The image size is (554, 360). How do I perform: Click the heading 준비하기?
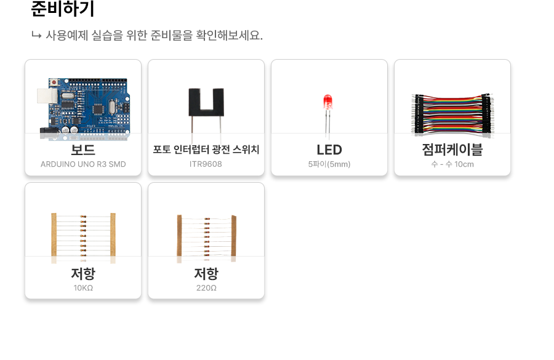tap(63, 10)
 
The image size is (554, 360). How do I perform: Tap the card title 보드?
tap(83, 150)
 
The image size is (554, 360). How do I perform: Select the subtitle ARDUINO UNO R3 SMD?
tap(83, 164)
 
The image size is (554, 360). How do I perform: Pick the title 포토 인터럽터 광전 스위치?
tap(206, 150)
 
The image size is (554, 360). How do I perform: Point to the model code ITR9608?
tap(206, 164)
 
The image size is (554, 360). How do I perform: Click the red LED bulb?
tap(328, 102)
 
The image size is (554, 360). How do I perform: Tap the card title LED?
tap(329, 150)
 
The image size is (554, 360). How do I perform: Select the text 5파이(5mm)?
tap(329, 164)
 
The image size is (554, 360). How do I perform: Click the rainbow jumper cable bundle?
tap(452, 113)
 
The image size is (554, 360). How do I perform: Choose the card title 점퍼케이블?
tap(452, 150)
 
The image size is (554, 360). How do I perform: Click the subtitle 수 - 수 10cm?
tap(452, 164)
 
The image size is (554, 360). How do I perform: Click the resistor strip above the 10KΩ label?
tap(83, 235)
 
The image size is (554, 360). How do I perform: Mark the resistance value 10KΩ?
tap(83, 287)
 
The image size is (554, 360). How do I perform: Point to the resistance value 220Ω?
tap(206, 287)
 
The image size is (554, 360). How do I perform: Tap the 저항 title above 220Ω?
tap(206, 273)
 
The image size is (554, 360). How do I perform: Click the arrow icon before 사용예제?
tap(36, 35)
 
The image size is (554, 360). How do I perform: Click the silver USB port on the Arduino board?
tap(45, 95)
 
